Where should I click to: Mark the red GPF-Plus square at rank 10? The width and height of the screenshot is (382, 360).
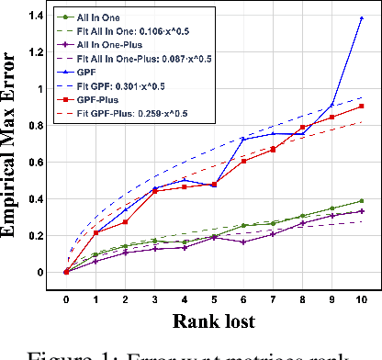361,107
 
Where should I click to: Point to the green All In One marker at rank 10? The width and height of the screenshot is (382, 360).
361,200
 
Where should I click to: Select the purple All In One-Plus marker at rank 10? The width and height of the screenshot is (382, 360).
361,211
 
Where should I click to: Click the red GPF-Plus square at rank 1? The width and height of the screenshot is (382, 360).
95,232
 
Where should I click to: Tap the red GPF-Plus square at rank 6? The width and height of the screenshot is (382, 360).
243,161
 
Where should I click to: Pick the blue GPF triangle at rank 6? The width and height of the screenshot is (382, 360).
243,139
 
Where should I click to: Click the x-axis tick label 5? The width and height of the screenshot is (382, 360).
213,298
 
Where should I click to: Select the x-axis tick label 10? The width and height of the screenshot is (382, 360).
361,298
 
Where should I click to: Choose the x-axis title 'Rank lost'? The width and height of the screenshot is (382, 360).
212,321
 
